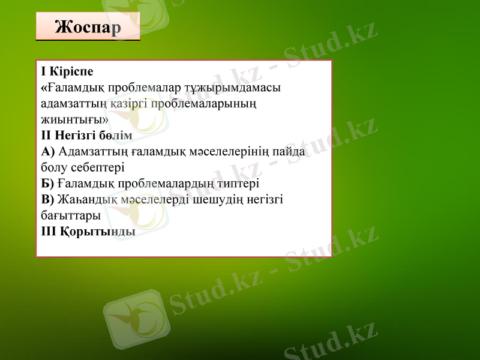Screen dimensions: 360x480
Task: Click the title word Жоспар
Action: tap(88, 27)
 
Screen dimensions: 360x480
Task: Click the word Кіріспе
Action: tap(71, 72)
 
